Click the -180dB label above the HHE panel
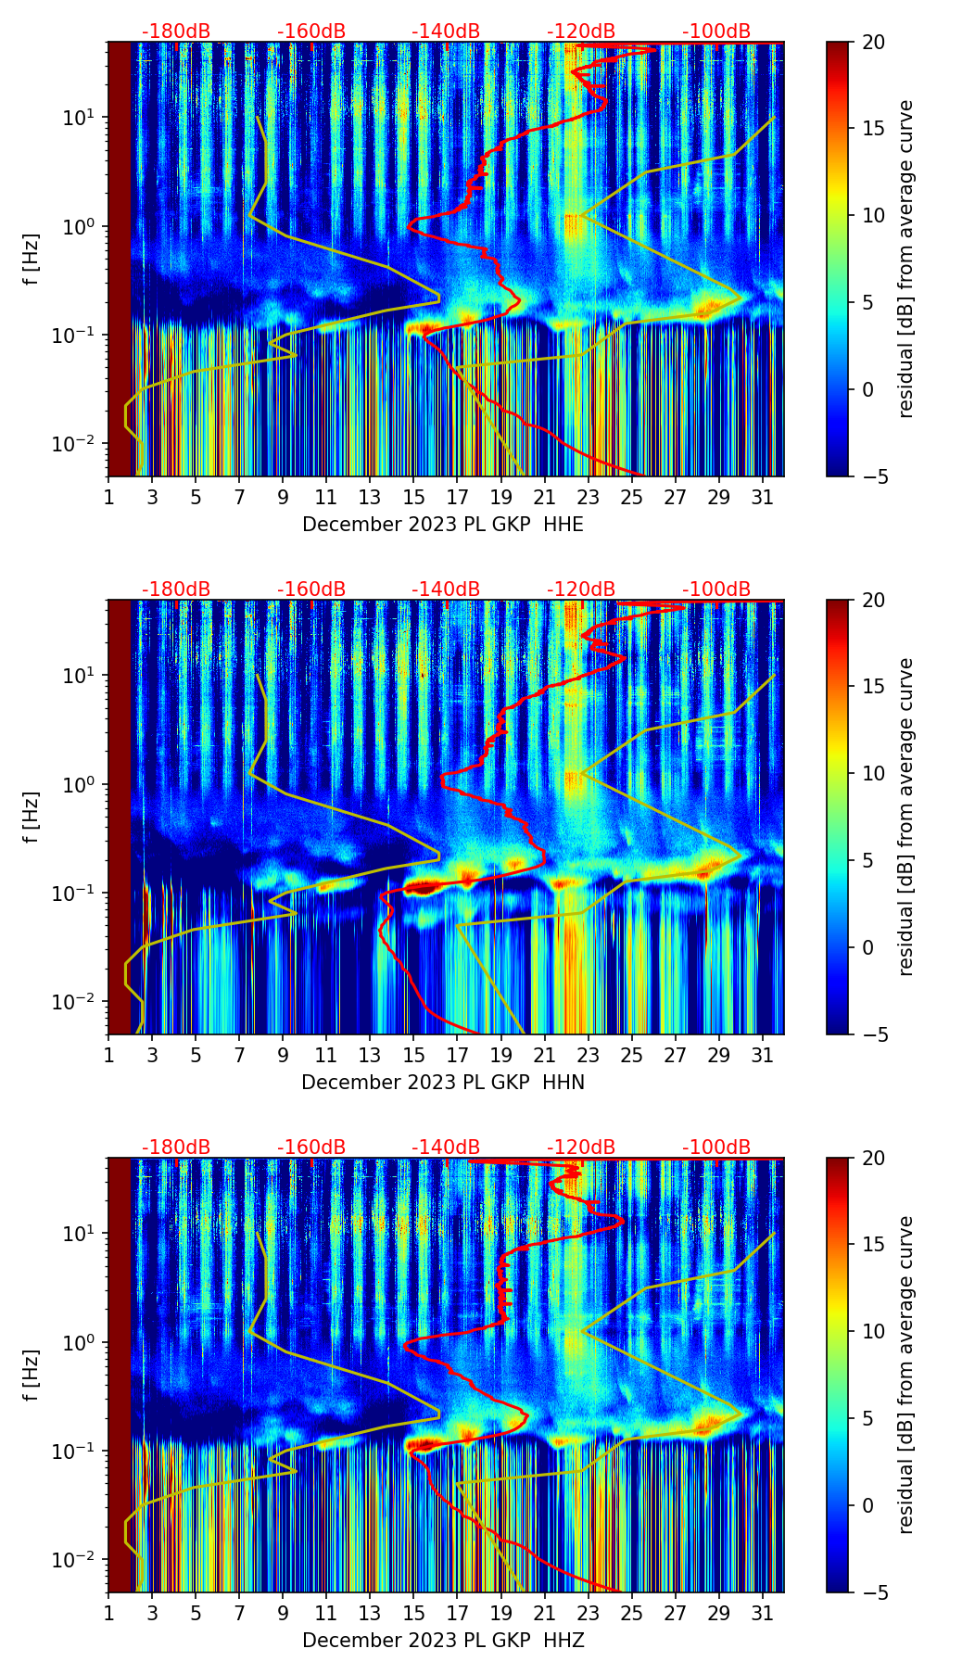point(176,32)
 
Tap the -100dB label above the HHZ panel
point(716,1148)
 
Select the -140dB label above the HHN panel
point(446,590)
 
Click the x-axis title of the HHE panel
point(443,525)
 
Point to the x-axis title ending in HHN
point(443,1083)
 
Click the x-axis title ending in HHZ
point(443,1641)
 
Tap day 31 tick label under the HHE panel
point(762,498)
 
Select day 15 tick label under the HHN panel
point(413,1056)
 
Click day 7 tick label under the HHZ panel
point(239,1614)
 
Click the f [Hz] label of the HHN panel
point(32,817)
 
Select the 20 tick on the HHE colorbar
point(873,42)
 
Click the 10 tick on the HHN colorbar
point(873,773)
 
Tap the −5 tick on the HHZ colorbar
point(873,1592)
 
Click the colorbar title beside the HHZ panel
point(905,1375)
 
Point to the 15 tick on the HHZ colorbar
point(873,1245)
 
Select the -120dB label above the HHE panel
point(581,32)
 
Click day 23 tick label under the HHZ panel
point(588,1614)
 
